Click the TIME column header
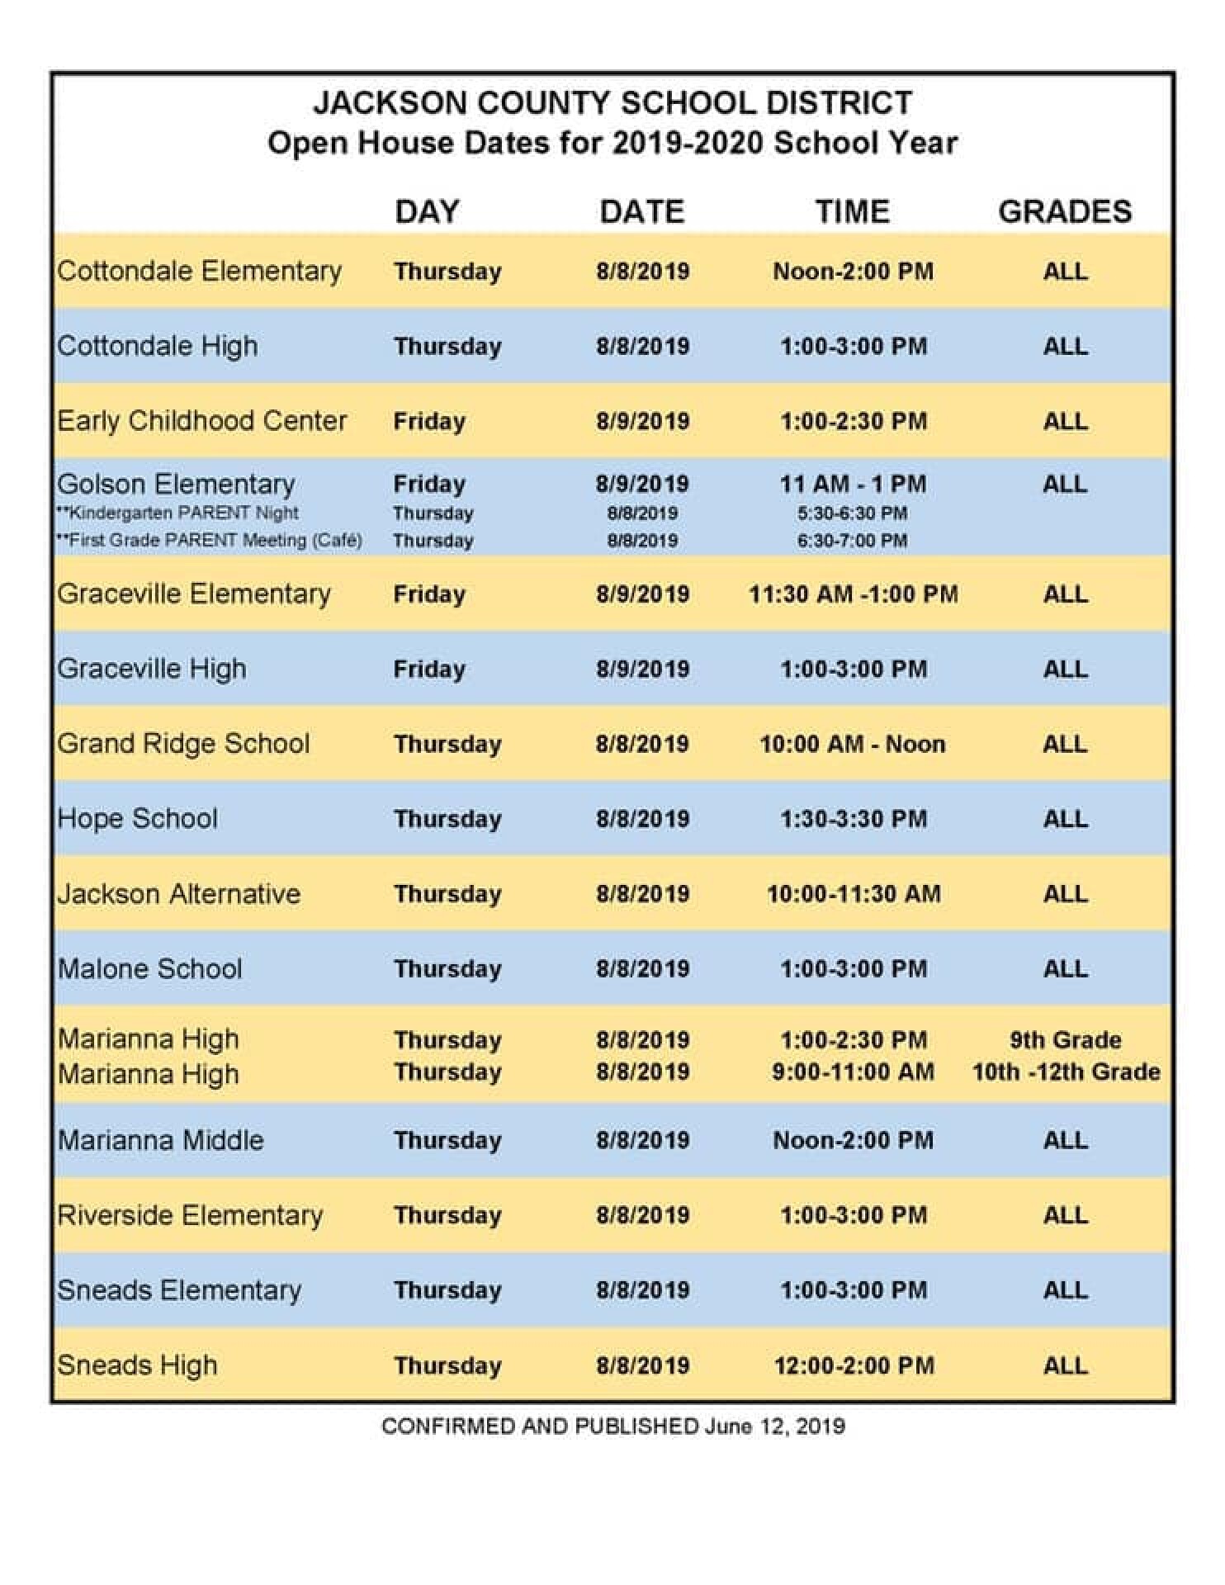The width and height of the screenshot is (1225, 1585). point(853,211)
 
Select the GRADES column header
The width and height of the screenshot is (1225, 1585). point(1065,211)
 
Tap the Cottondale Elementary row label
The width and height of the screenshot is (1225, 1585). point(199,271)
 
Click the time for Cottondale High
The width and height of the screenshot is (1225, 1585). point(854,346)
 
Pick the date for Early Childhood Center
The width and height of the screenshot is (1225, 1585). point(642,421)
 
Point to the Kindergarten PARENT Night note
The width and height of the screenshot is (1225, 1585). point(177,513)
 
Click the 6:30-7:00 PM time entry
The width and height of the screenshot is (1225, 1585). point(852,541)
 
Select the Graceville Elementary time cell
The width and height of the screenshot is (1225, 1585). point(854,594)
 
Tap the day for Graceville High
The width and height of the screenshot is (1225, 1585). point(429,669)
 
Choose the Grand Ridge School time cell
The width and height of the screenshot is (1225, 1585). point(853,744)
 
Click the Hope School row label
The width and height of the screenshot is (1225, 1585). point(138,819)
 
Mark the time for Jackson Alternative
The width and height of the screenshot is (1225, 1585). point(854,894)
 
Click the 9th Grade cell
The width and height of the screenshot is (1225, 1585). point(1065,1039)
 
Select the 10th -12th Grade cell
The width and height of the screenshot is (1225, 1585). point(1066,1072)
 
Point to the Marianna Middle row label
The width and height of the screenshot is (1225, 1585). point(161,1140)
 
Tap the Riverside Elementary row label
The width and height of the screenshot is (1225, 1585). point(190,1215)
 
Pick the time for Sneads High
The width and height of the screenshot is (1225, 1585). point(854,1365)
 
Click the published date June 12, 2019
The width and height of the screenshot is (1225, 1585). point(774,1426)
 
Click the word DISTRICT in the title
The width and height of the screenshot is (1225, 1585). point(840,103)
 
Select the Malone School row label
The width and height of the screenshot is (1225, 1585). point(150,968)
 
